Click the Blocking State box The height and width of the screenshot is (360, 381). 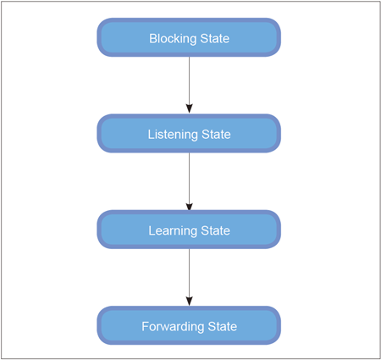pos(189,37)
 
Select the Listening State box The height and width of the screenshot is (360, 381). pos(189,134)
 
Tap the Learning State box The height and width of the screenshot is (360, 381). pos(189,230)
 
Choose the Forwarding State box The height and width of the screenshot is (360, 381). pos(189,325)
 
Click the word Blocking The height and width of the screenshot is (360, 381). pos(173,39)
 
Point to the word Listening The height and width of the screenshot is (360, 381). pos(173,135)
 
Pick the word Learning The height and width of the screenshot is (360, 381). pos(173,231)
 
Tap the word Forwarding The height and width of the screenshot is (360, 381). pos(173,327)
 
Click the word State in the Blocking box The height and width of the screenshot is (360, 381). pos(215,39)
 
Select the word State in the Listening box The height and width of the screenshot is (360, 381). pos(216,135)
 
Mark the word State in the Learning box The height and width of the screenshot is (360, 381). pos(215,231)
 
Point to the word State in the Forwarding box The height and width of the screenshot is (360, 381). pos(223,327)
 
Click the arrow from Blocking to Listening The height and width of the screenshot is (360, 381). pos(189,85)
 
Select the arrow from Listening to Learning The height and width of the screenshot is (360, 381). pos(189,182)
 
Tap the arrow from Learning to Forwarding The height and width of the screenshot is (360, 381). pos(189,277)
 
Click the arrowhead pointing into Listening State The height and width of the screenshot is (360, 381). pos(189,108)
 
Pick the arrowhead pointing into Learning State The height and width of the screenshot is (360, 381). pos(189,207)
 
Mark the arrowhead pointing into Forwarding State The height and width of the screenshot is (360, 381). pos(189,301)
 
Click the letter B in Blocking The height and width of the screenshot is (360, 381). pos(152,39)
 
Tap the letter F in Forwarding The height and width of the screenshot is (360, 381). pos(145,327)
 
